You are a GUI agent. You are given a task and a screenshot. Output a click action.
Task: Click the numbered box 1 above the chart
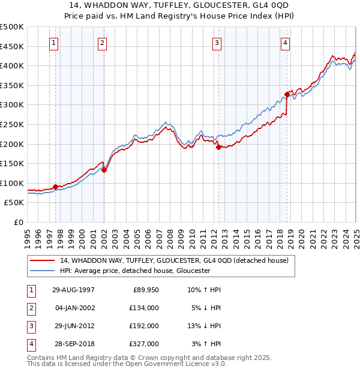pos(54,43)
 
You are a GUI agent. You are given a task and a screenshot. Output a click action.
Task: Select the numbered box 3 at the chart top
pos(217,43)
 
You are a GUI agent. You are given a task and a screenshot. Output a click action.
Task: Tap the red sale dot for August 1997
pos(56,187)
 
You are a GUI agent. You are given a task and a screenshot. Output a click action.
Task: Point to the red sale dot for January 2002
pos(104,170)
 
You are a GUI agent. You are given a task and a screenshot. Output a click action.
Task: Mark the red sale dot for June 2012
pos(218,147)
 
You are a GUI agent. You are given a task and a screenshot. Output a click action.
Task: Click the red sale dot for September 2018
pos(287,94)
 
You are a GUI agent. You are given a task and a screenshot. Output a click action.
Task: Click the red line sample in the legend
pos(42,260)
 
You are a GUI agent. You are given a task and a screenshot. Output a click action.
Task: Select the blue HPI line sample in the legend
pos(42,271)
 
